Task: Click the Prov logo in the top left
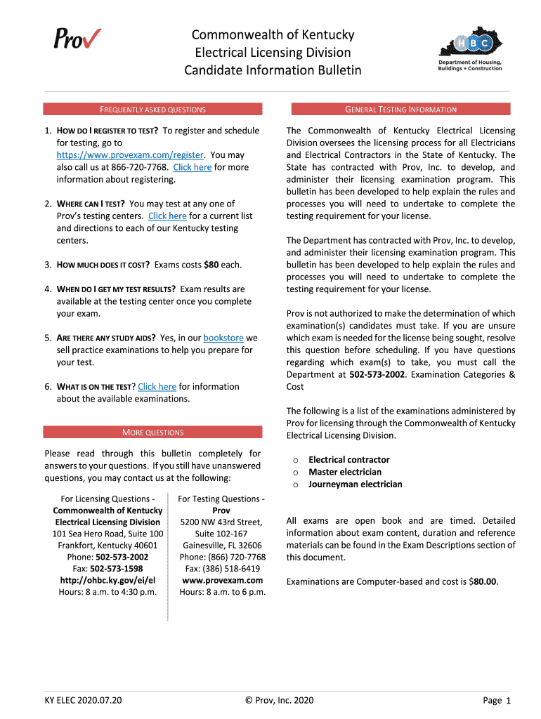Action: pos(77,38)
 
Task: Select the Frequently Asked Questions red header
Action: pos(152,110)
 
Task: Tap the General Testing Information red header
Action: pos(400,110)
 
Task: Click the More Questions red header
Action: pos(152,433)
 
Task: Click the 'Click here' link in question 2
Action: pos(167,216)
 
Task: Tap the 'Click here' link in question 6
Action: pos(157,387)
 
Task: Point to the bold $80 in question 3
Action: pos(211,265)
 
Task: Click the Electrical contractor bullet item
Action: pos(348,460)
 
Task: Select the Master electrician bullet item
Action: pos(345,472)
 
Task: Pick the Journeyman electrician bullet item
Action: pos(356,484)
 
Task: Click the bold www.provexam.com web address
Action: pos(222,581)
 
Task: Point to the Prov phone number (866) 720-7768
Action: pos(235,557)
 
